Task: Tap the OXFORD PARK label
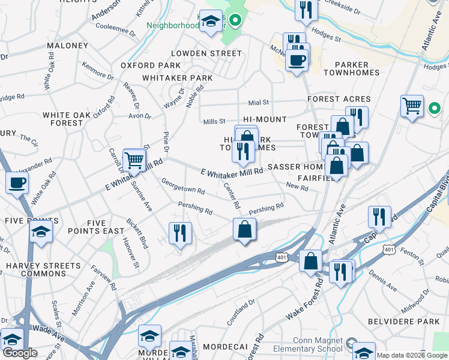coord(151,65)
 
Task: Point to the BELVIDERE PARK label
coord(412,322)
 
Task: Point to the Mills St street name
coord(214,122)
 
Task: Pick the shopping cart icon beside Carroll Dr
coord(134,160)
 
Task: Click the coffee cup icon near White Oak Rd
coord(17,182)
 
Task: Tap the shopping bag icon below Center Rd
coord(245,229)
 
